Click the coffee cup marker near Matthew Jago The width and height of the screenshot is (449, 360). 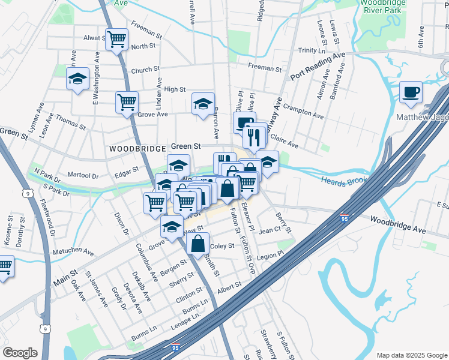tap(411, 92)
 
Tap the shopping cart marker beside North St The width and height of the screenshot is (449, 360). tap(116, 40)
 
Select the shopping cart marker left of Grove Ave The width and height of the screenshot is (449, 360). tap(127, 103)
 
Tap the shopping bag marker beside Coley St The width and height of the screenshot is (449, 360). tap(197, 244)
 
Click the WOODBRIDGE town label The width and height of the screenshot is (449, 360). tap(137, 147)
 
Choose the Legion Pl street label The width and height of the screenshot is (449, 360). tap(270, 256)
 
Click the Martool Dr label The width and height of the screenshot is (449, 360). tap(83, 176)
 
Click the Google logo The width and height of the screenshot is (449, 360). tap(20, 353)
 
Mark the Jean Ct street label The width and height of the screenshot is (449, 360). tap(270, 229)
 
